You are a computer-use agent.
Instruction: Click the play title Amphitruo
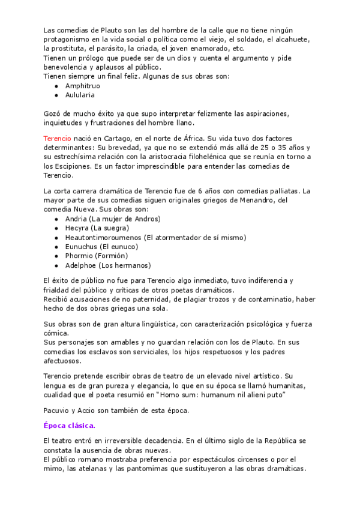pos(83,86)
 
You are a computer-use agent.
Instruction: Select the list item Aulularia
pos(80,95)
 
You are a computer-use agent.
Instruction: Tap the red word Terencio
pos(57,138)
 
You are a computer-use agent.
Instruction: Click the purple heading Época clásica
pos(69,426)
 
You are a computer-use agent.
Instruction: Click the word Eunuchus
pos(81,247)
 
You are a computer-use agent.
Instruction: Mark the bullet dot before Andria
pos(56,219)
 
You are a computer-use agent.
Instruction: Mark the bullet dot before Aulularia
pos(56,95)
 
